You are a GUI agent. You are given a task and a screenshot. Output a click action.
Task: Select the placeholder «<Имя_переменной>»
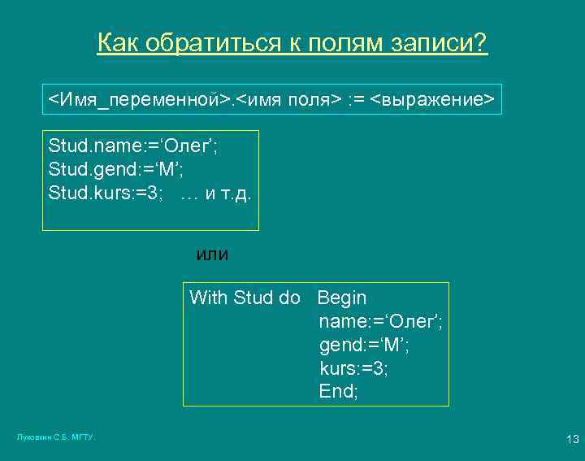click(x=138, y=100)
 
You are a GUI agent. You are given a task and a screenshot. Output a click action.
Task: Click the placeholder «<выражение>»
click(x=432, y=100)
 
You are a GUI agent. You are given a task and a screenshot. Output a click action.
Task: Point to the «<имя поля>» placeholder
click(x=288, y=100)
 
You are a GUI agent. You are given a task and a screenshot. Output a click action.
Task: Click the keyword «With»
click(x=208, y=298)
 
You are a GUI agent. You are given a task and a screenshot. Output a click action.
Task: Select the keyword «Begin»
click(x=342, y=298)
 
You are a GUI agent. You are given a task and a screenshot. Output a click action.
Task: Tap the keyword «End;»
click(x=338, y=392)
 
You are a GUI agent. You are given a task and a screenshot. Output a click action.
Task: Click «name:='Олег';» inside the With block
click(x=380, y=321)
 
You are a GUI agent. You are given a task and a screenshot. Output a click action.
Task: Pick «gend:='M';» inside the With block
click(x=364, y=345)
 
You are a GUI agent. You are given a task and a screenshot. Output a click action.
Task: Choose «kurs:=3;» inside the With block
click(x=354, y=368)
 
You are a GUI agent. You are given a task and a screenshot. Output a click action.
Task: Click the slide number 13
click(x=572, y=440)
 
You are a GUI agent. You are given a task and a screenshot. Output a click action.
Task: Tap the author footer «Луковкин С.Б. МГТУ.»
click(x=56, y=437)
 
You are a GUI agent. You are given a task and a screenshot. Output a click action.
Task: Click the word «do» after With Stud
click(x=290, y=298)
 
